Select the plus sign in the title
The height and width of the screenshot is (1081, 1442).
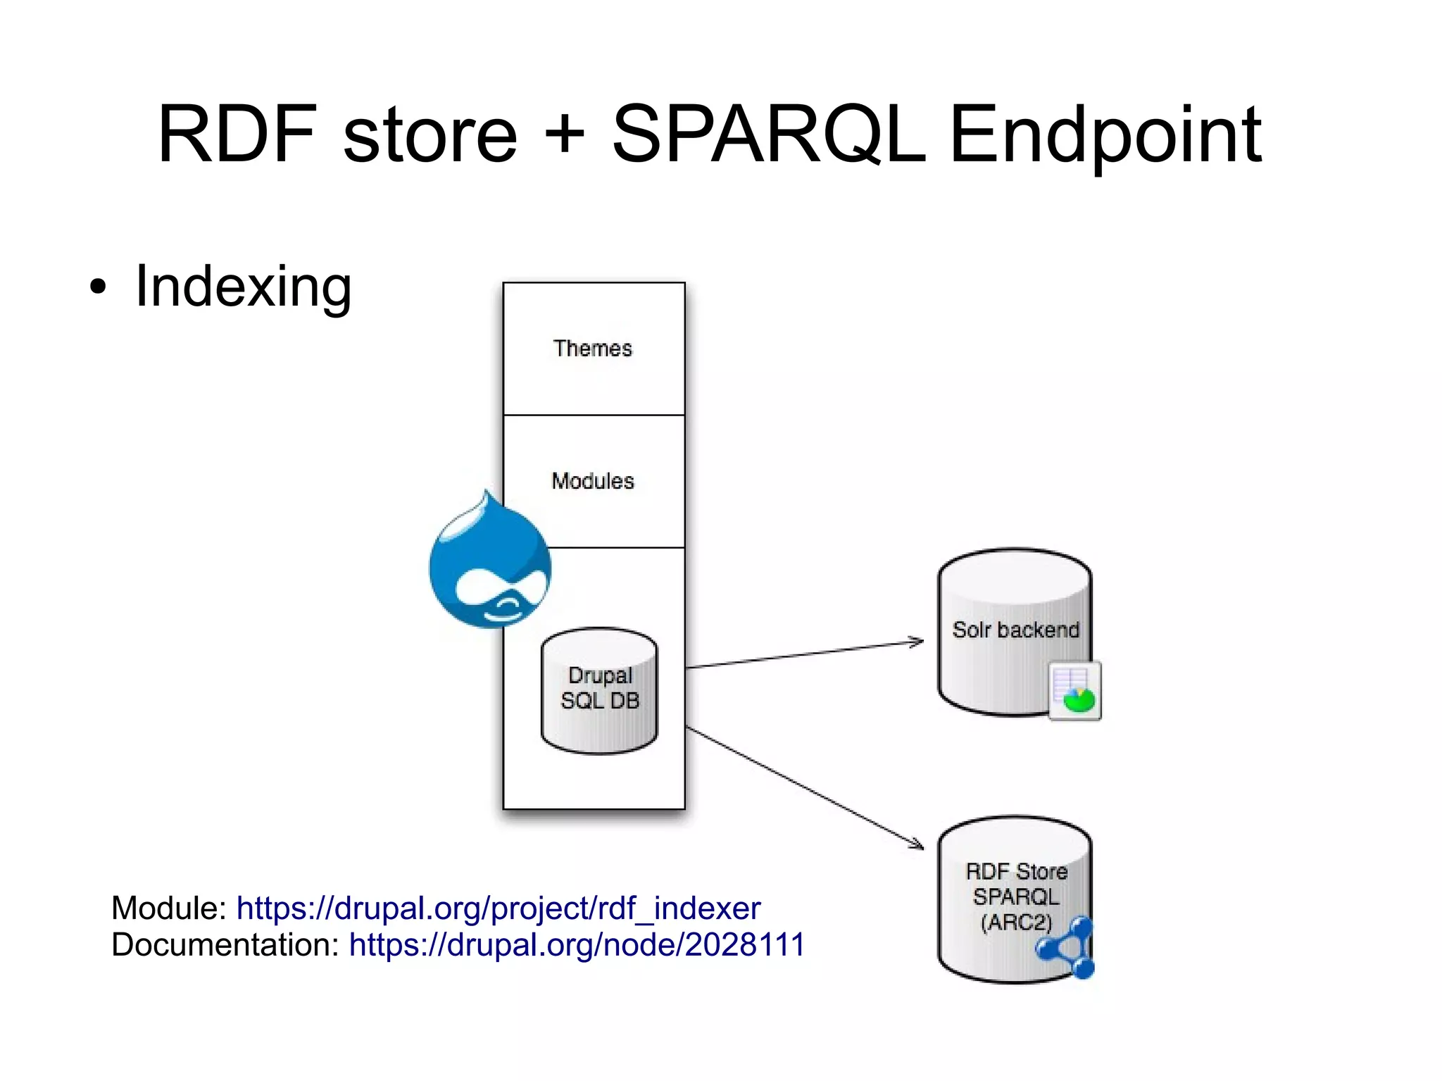point(565,135)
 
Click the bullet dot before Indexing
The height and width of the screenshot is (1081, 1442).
point(98,287)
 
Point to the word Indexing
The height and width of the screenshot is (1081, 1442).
point(243,287)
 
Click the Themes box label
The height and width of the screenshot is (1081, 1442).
point(593,349)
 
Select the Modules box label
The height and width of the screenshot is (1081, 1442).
point(593,481)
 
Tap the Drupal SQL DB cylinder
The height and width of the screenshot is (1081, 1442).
point(599,690)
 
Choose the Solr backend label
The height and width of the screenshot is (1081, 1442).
point(1015,630)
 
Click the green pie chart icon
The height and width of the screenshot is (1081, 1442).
point(1077,699)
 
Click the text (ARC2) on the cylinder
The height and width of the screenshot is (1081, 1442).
point(1016,922)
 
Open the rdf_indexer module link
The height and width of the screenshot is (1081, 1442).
point(499,908)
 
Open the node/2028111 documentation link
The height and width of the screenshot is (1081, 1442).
point(577,945)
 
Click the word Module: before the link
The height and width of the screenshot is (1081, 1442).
point(168,908)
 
